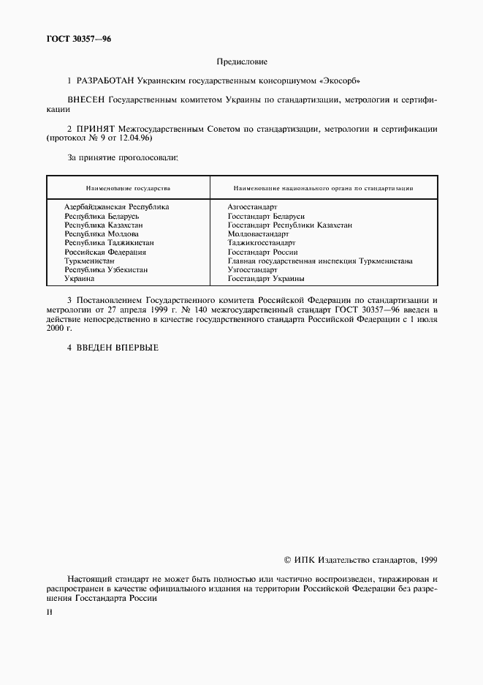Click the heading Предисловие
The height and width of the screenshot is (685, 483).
pos(241,61)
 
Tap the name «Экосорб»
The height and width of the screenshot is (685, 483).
pos(343,80)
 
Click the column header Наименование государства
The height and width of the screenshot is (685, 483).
pos(128,188)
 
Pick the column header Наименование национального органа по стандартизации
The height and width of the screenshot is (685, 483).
pos(323,188)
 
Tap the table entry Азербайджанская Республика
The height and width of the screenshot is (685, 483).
pos(116,207)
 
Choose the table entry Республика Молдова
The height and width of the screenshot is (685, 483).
pos(99,234)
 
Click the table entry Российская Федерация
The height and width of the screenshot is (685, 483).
pos(105,252)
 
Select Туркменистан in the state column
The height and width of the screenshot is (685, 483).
pos(89,261)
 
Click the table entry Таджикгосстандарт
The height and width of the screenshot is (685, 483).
pos(261,243)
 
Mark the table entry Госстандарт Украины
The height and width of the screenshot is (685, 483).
pos(266,279)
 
